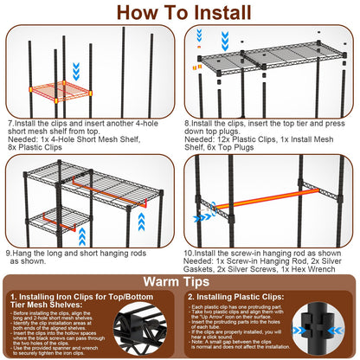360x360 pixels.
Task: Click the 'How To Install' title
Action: [x=179, y=12]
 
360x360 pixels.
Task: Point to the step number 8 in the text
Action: [x=187, y=122]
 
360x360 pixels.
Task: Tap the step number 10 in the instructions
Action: [x=190, y=252]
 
